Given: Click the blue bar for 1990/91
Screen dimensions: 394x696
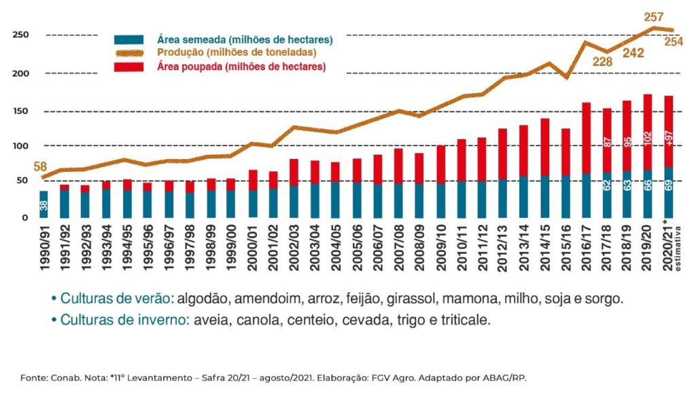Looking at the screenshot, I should [43, 204].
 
